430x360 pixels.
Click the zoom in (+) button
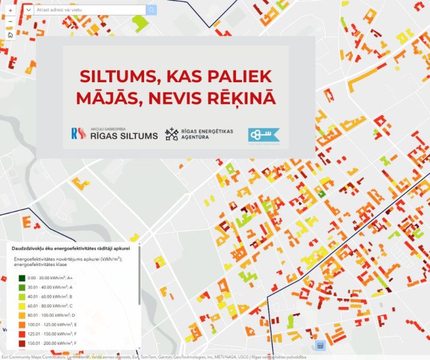pyautogui.click(x=10, y=10)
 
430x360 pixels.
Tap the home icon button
pyautogui.click(x=10, y=35)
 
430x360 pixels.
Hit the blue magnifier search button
pyautogui.click(x=151, y=10)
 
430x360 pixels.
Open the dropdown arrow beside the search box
pyautogui.click(x=28, y=10)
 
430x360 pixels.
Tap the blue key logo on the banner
pyautogui.click(x=264, y=135)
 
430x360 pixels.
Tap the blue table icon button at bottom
pyautogui.click(x=319, y=346)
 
